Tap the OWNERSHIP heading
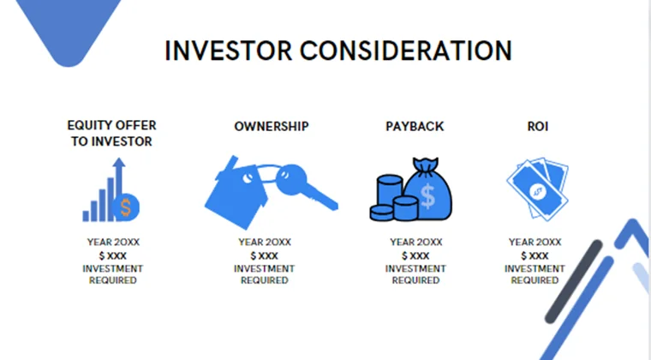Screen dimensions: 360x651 pyautogui.click(x=272, y=126)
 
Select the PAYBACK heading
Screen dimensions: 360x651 pyautogui.click(x=415, y=126)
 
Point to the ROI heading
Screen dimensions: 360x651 pyautogui.click(x=538, y=126)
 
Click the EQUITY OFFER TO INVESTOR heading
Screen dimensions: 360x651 pyautogui.click(x=111, y=134)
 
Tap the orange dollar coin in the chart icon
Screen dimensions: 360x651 pyautogui.click(x=128, y=206)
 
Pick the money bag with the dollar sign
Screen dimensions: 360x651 pyautogui.click(x=430, y=190)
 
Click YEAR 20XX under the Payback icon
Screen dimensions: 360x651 pyautogui.click(x=415, y=243)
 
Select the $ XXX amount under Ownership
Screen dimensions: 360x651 pyautogui.click(x=264, y=255)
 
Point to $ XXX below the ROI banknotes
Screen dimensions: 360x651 pyautogui.click(x=535, y=255)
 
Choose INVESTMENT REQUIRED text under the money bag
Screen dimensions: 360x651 pyautogui.click(x=415, y=274)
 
